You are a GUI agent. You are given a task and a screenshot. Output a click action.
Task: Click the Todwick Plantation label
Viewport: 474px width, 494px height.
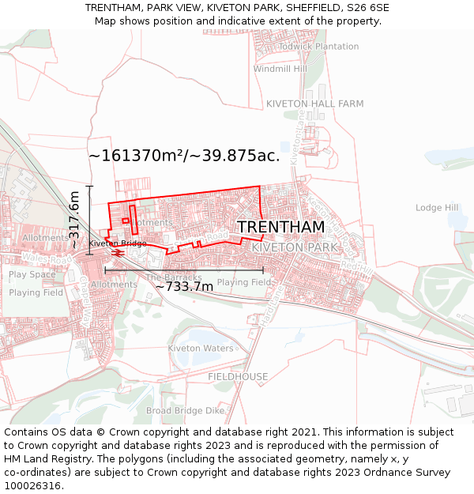[x=318, y=47]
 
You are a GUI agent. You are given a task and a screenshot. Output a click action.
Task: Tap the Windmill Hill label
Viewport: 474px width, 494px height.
[x=280, y=69]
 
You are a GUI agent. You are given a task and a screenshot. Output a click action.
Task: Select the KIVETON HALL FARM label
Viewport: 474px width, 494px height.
[x=314, y=104]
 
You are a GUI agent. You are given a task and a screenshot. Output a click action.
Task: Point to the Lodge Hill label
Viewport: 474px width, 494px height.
[x=437, y=208]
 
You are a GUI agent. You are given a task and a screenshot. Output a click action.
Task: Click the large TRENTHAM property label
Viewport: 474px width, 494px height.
[x=280, y=227]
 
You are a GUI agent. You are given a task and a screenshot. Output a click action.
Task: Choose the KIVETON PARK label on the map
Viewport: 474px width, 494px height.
[x=294, y=247]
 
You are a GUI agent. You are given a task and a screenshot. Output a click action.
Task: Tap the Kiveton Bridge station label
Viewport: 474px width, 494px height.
[x=117, y=243]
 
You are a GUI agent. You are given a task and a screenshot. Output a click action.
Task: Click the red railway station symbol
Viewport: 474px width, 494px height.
[x=117, y=253]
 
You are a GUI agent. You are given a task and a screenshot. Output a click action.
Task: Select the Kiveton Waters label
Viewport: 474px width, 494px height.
[x=201, y=349]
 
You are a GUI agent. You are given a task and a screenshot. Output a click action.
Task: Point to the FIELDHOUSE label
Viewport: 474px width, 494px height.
[x=238, y=377]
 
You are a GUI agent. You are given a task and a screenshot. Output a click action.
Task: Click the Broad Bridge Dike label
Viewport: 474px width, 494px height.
[x=186, y=411]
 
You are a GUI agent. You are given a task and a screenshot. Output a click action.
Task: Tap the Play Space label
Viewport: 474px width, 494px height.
[x=32, y=275]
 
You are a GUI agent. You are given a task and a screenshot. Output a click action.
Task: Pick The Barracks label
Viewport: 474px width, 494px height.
[x=173, y=277]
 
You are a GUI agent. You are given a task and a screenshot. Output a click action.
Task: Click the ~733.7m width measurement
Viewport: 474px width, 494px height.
[x=184, y=286]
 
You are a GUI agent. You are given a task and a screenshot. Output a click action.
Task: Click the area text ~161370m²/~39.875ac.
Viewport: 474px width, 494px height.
[x=184, y=156]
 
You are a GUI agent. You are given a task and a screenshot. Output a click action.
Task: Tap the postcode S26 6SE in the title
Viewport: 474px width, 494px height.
[x=367, y=8]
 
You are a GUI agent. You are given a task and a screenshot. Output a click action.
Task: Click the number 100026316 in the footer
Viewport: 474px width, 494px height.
[x=32, y=485]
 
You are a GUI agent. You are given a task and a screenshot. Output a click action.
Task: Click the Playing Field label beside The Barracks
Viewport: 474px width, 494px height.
[x=244, y=282]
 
